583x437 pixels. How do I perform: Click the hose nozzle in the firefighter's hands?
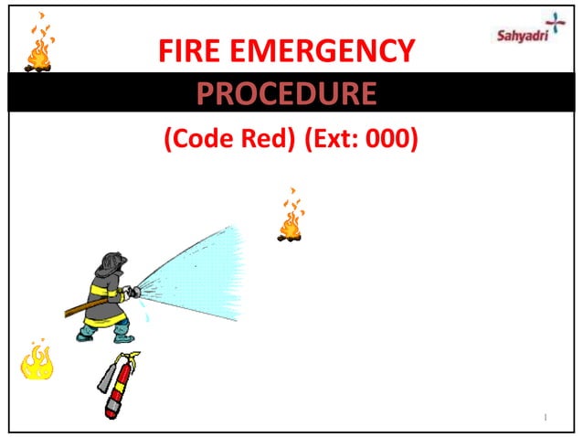click(x=132, y=293)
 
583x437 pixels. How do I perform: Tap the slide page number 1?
click(x=545, y=417)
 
